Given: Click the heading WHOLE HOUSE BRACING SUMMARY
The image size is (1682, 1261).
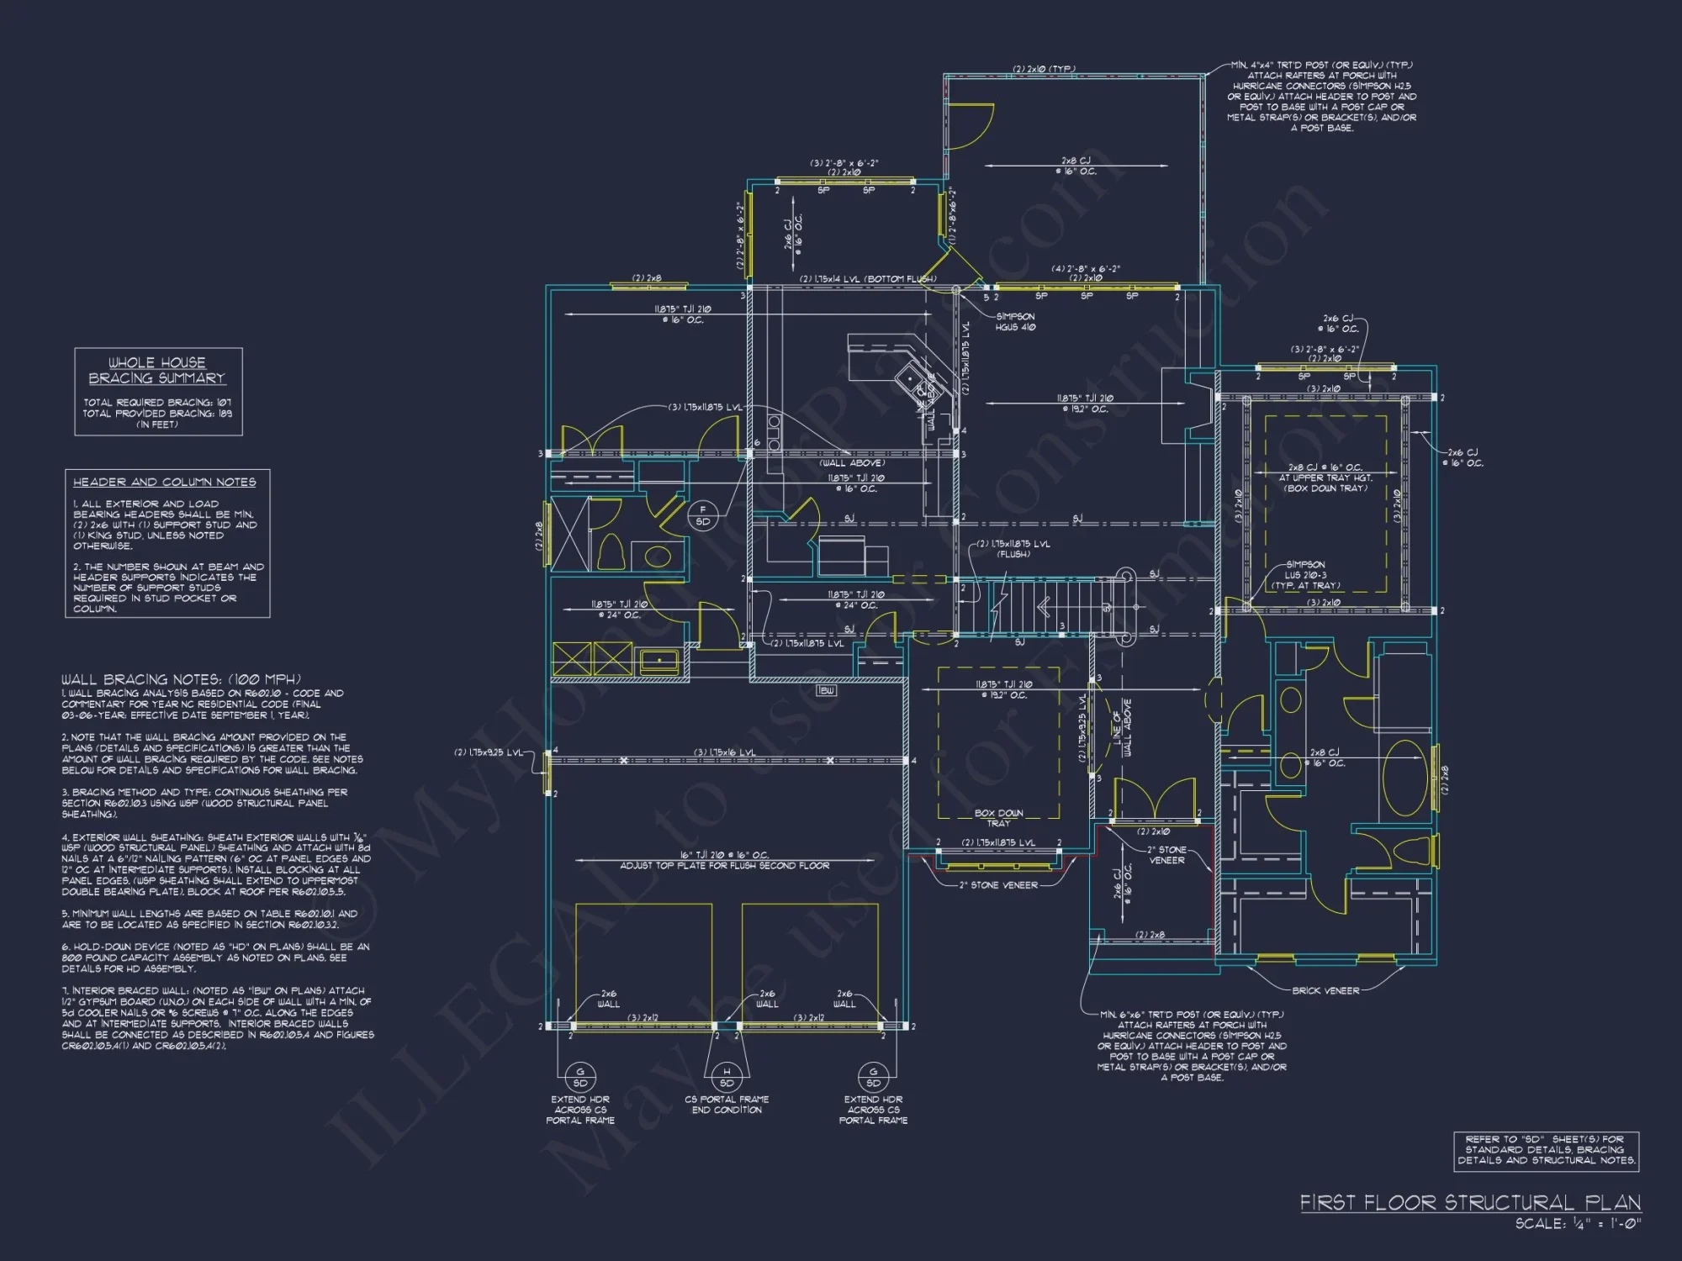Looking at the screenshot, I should [x=157, y=371].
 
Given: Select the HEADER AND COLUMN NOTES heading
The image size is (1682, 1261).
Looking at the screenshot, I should [x=165, y=483].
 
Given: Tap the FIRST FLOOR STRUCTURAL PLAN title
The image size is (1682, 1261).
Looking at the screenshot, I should [x=1470, y=1203].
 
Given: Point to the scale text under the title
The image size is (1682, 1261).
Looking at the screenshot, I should [x=1578, y=1224].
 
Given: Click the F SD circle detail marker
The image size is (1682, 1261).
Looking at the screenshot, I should [x=703, y=515].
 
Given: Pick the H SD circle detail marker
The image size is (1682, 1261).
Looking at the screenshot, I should [x=727, y=1077].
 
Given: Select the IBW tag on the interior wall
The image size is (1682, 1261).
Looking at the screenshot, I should [x=827, y=690].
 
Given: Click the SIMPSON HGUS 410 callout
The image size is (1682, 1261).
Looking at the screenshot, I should [x=1015, y=322].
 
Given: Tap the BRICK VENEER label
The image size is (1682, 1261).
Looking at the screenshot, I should [x=1325, y=991].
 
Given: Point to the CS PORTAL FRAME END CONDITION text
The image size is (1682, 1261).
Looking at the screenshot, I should [x=727, y=1105].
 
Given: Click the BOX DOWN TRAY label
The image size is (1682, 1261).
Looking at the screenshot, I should [x=999, y=818].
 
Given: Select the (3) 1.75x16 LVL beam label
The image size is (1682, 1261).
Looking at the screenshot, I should [x=724, y=752].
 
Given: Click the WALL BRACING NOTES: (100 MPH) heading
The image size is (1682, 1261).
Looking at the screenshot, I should [x=181, y=679].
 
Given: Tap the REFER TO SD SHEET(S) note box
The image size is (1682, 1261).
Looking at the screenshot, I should [x=1546, y=1150].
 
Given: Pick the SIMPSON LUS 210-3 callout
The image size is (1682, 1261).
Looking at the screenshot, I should [x=1305, y=575].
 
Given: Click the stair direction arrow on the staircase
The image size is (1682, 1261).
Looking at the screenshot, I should [x=1045, y=606].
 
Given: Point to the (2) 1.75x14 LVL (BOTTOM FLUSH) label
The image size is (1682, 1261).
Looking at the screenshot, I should [x=867, y=279].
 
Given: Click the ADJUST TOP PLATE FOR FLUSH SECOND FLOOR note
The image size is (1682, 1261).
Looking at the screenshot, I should [x=724, y=866].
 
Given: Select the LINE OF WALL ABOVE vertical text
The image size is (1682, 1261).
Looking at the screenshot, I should [x=1122, y=728].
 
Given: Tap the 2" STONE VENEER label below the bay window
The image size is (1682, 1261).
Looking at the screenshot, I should [x=998, y=885].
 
